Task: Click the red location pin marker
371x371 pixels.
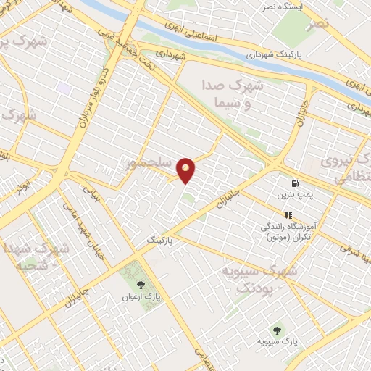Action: point(186,170)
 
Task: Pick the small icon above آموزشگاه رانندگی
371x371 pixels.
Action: point(288,214)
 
